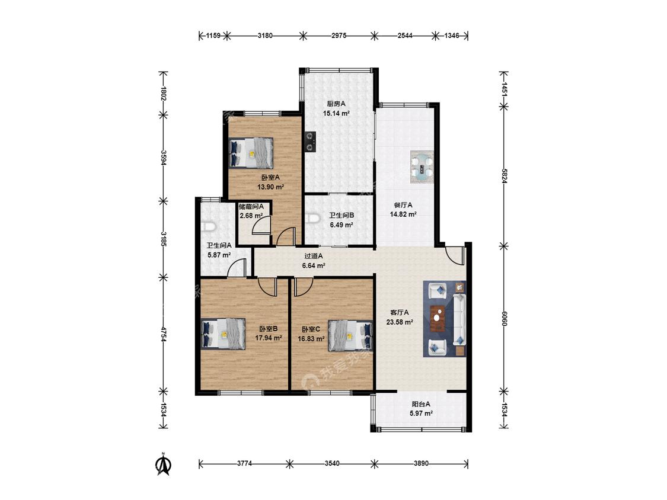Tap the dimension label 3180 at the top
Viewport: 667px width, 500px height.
(265, 36)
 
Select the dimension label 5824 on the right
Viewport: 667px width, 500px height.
(504, 176)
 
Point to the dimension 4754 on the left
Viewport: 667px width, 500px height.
(164, 334)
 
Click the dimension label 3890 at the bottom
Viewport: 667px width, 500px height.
(421, 463)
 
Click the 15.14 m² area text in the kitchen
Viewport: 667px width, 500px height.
(336, 114)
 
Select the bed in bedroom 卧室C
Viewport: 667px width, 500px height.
(350, 335)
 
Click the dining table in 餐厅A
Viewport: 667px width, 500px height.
(422, 166)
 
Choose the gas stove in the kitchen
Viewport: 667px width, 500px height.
(311, 142)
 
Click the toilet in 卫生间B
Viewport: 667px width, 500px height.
(312, 219)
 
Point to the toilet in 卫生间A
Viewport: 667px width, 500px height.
(209, 226)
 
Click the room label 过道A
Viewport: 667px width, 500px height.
(314, 257)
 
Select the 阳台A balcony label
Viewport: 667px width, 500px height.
(421, 405)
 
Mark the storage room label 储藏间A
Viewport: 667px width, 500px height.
(251, 207)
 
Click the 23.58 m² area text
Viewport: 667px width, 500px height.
(400, 322)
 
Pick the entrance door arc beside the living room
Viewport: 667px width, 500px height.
(454, 255)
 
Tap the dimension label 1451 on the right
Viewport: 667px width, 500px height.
(504, 90)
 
